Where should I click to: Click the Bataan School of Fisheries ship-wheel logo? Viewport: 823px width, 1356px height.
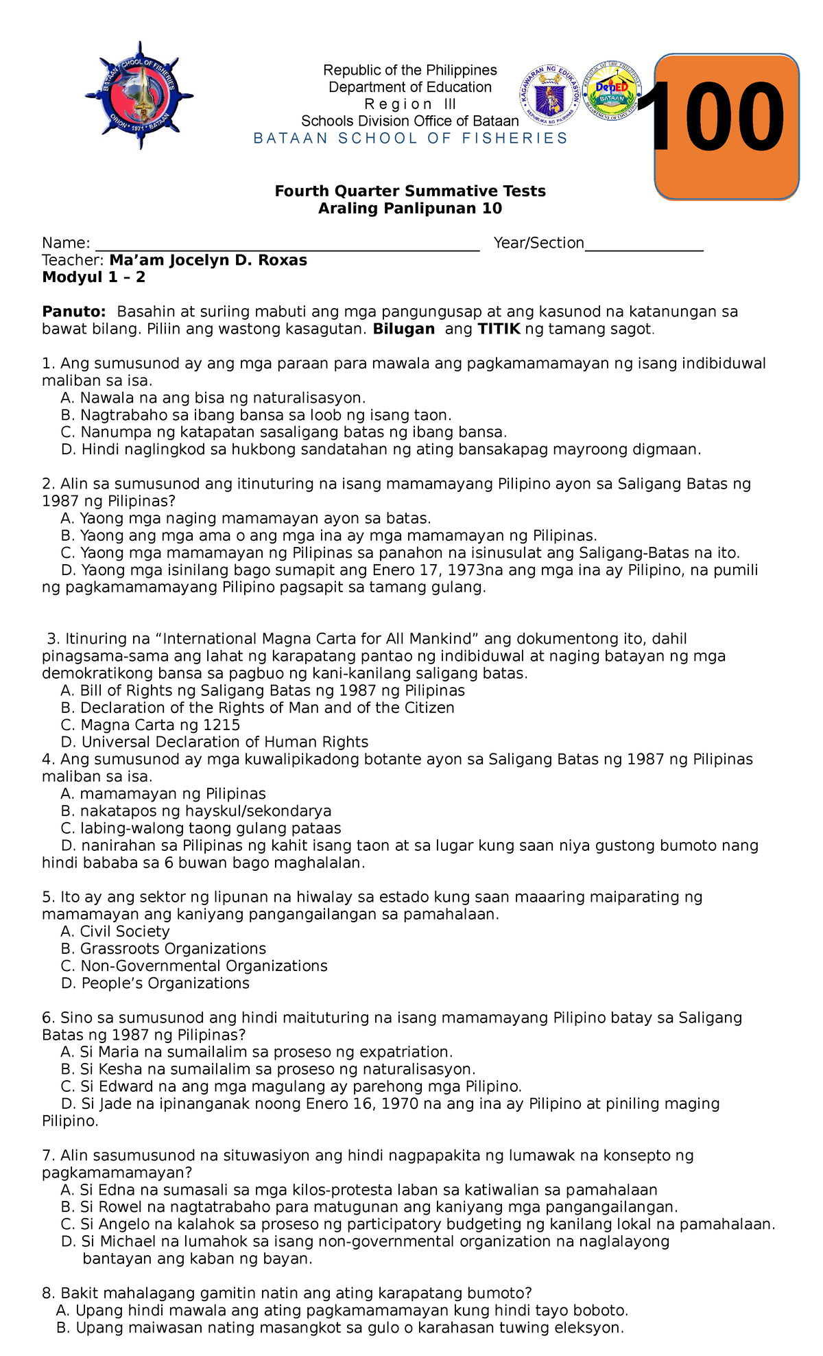click(x=139, y=95)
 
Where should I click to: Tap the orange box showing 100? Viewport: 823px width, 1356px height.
click(x=726, y=127)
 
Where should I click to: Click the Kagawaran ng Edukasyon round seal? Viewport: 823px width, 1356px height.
click(x=550, y=95)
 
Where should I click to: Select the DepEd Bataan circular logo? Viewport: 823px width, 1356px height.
click(x=611, y=93)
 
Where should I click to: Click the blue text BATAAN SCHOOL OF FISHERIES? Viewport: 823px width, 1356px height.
click(x=410, y=139)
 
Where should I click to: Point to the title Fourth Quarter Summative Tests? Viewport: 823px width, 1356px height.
click(x=410, y=191)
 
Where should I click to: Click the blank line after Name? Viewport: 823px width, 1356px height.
click(x=287, y=244)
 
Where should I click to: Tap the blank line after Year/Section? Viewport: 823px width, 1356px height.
click(x=643, y=244)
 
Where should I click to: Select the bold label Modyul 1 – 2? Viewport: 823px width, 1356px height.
click(x=93, y=277)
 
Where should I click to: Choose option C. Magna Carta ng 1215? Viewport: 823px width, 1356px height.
click(x=150, y=725)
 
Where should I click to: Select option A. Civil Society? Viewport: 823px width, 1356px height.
click(x=115, y=931)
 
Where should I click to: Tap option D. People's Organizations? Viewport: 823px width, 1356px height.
click(x=156, y=983)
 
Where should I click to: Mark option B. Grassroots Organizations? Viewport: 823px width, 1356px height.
click(x=163, y=948)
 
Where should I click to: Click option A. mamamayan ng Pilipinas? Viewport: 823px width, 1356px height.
click(x=163, y=794)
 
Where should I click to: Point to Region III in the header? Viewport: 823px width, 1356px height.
click(x=410, y=104)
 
